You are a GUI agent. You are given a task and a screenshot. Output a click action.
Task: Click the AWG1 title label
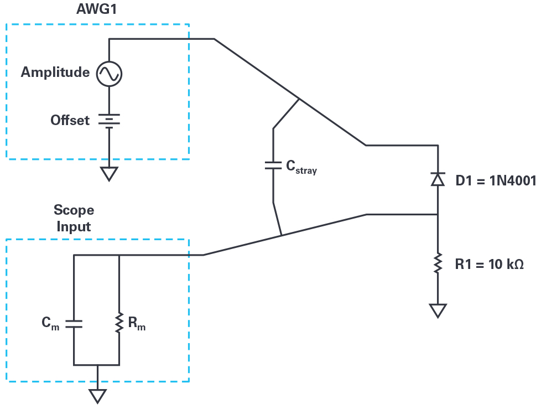click(x=97, y=11)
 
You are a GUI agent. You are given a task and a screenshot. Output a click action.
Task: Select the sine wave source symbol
click(x=109, y=73)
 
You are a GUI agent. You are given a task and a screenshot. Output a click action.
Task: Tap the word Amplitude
click(x=55, y=73)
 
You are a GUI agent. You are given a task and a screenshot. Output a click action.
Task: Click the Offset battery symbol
click(x=109, y=120)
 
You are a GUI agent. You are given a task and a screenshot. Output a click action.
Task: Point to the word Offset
click(x=70, y=120)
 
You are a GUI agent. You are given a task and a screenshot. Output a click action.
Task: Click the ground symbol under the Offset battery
click(x=109, y=174)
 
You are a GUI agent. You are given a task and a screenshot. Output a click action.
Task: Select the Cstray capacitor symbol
click(x=273, y=165)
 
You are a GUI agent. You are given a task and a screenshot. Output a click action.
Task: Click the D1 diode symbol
click(x=438, y=179)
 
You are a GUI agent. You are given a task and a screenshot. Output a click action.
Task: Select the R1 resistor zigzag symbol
click(x=438, y=263)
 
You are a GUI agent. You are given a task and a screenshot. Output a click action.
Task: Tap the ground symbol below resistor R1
click(x=438, y=310)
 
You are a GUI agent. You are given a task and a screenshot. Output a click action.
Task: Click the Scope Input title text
click(x=74, y=218)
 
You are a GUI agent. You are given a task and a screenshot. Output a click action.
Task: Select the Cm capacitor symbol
click(x=74, y=324)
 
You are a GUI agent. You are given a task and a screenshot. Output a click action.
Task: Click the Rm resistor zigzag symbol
click(x=119, y=324)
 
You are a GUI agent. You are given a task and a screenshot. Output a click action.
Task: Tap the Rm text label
click(x=137, y=324)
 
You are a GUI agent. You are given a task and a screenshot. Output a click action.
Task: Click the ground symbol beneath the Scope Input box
click(x=98, y=396)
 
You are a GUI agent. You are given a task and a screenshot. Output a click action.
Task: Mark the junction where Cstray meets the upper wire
click(x=299, y=99)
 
